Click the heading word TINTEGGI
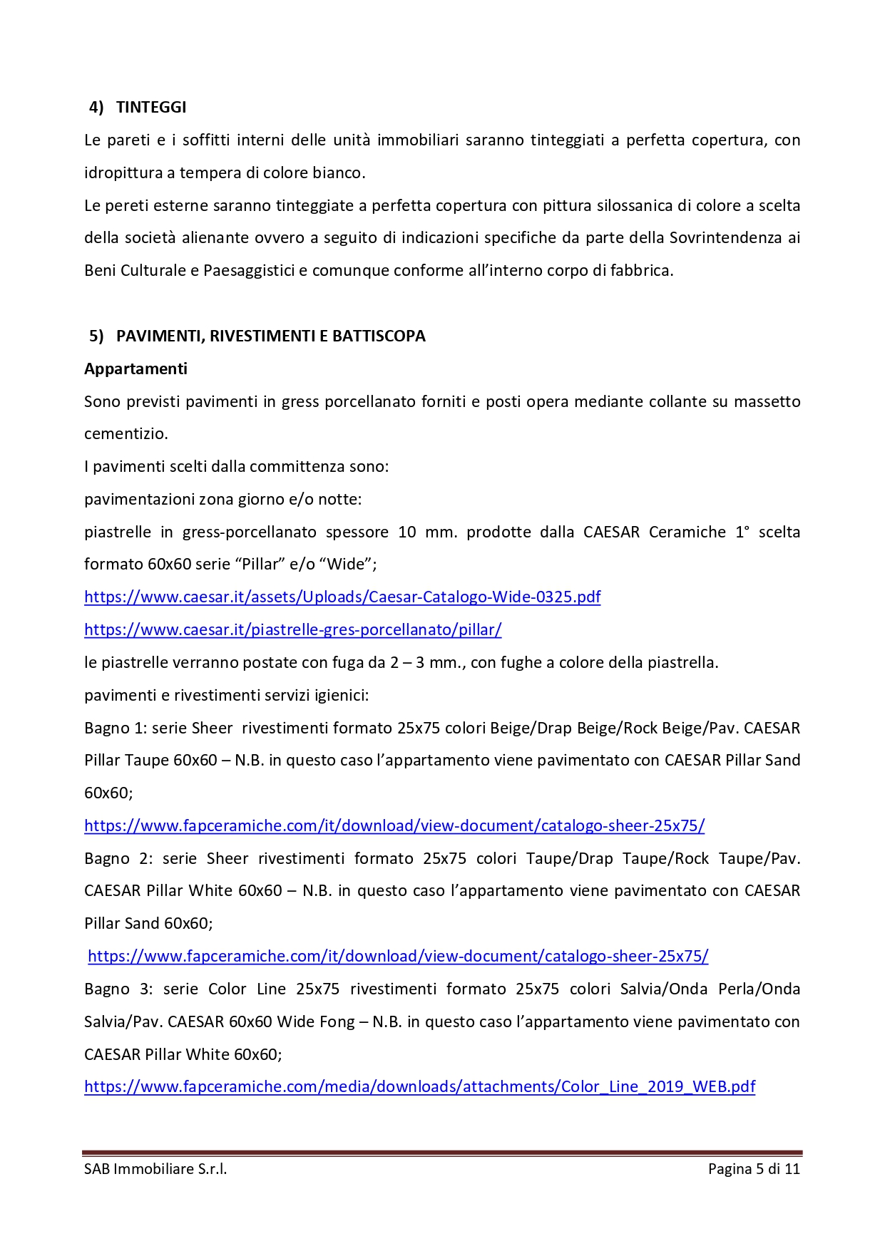pos(151,107)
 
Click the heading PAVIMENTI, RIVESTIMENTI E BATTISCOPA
pos(270,336)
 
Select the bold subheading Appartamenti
pos(135,369)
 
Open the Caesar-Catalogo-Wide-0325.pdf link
pos(342,597)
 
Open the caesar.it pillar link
pos(292,629)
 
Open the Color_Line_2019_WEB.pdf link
pos(419,1086)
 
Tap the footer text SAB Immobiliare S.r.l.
pos(155,1168)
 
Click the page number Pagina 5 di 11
pos(754,1168)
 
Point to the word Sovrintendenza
pos(725,237)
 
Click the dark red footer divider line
pos(442,1152)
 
